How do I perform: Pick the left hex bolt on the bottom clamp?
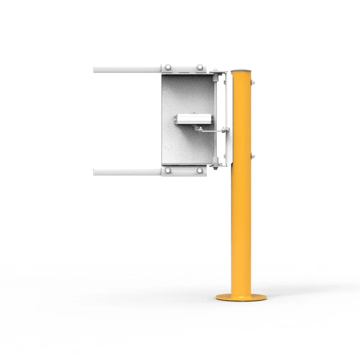point(168,171)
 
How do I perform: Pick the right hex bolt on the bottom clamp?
point(198,171)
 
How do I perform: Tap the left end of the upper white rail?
point(96,70)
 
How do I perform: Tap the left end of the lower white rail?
point(96,172)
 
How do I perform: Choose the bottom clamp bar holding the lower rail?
point(184,171)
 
